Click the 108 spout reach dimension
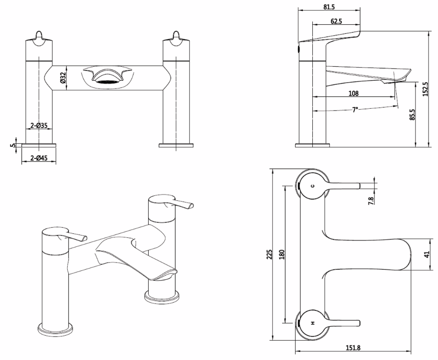[x=353, y=93]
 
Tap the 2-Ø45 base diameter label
[x=39, y=158]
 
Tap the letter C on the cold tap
[x=312, y=186]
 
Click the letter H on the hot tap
[x=312, y=323]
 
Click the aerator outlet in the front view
[x=106, y=82]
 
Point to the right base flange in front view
[x=176, y=145]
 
